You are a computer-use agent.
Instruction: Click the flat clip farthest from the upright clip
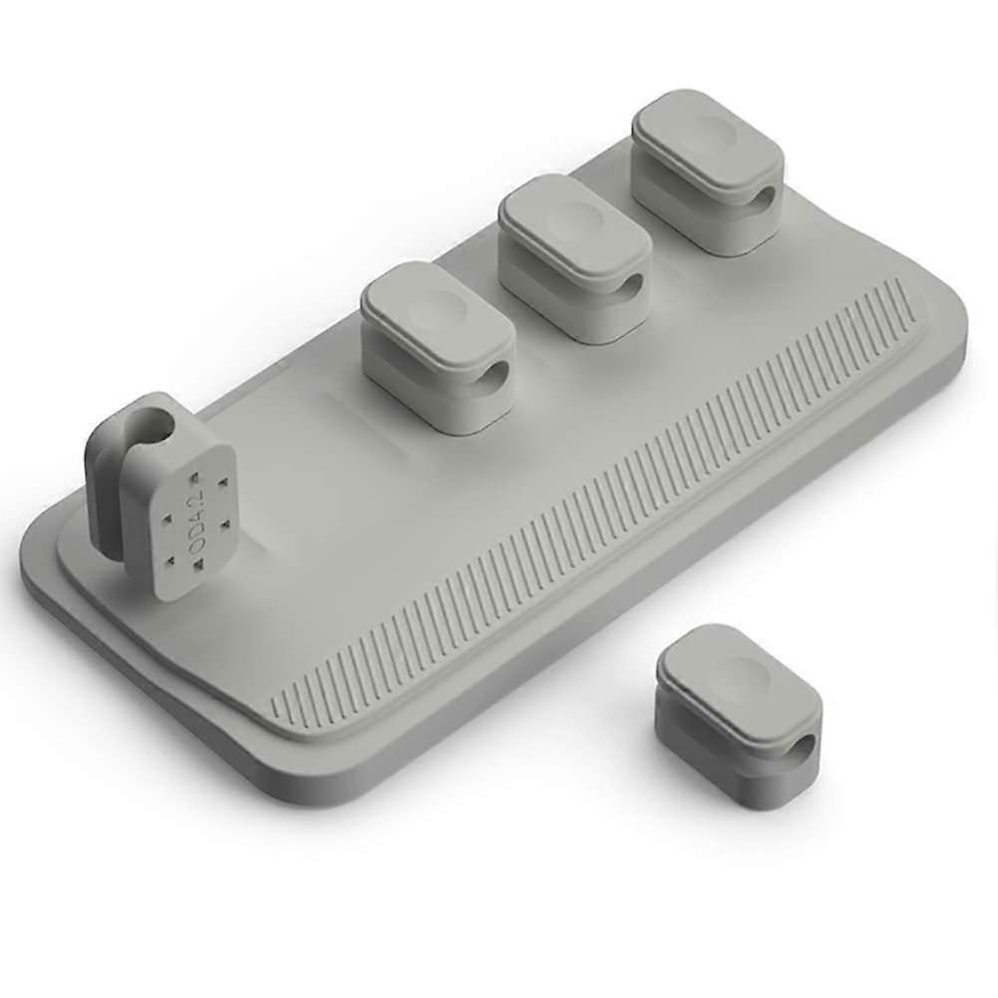(x=708, y=170)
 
